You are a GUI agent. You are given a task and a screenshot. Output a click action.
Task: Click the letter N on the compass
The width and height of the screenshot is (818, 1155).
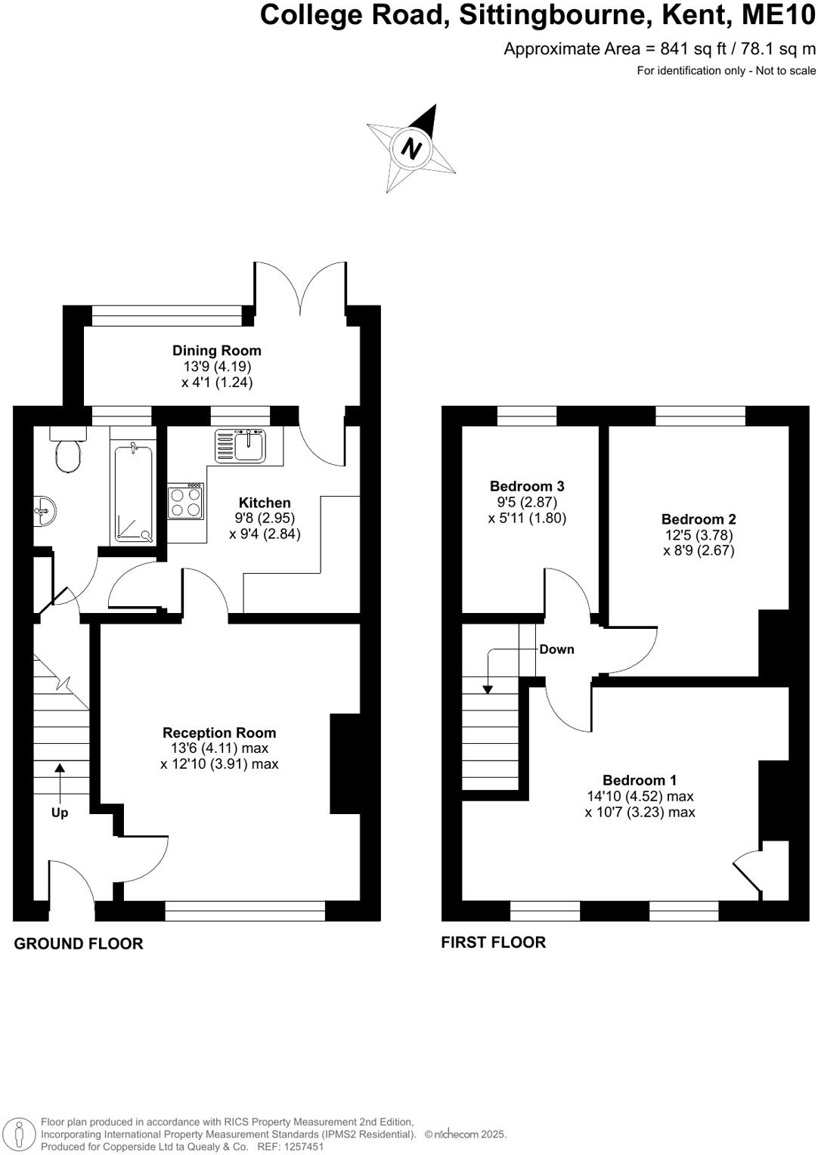point(411,147)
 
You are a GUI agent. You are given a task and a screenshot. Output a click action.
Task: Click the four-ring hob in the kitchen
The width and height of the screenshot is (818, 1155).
point(186,501)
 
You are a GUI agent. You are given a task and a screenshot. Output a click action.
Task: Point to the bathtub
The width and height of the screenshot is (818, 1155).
point(134,494)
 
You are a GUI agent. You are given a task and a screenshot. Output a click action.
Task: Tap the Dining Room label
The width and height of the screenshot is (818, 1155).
point(217,351)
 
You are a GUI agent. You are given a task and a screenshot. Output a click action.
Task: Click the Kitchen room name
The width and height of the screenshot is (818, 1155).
point(265,503)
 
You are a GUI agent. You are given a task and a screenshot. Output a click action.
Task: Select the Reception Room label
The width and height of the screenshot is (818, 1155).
point(219,732)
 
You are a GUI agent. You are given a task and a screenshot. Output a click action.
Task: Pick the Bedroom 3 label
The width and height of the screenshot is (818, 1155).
point(527,486)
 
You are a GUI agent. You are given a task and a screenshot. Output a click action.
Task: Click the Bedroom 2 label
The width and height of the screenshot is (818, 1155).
point(699,519)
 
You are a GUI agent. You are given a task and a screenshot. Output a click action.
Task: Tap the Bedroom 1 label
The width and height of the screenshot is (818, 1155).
point(640,780)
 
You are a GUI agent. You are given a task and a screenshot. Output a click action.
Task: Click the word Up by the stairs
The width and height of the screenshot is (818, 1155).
point(60,813)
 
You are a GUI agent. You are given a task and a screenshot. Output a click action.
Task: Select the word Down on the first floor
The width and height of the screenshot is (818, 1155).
point(556,649)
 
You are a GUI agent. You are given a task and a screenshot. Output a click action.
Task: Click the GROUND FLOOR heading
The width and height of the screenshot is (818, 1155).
point(79,943)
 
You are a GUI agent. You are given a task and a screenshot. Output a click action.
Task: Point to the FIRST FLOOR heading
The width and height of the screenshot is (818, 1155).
point(494,942)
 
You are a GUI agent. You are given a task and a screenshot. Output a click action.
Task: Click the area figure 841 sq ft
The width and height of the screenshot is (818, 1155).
point(687,49)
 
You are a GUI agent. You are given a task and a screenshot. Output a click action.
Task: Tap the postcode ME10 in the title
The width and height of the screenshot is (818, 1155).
point(784,15)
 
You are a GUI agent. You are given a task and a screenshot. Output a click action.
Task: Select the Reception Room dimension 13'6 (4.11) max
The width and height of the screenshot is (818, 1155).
point(219,748)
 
